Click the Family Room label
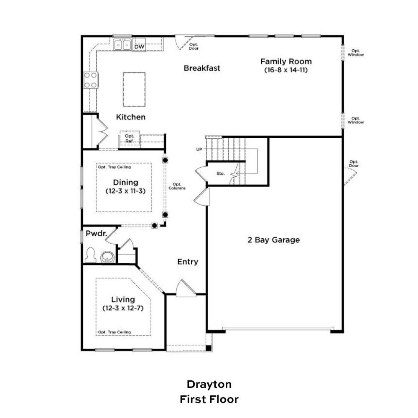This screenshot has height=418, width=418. pyautogui.click(x=286, y=61)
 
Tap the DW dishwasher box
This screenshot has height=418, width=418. pyautogui.click(x=139, y=47)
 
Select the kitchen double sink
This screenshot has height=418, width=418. pyautogui.click(x=122, y=45)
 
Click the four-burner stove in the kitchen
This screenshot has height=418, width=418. pyautogui.click(x=91, y=80)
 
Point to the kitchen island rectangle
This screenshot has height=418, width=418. pyautogui.click(x=134, y=89)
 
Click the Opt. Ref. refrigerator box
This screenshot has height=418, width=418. pyautogui.click(x=130, y=139)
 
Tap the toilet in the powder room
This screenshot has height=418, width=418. pyautogui.click(x=90, y=255)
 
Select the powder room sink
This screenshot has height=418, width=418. pyautogui.click(x=107, y=257)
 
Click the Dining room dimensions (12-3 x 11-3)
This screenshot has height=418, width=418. pyautogui.click(x=125, y=191)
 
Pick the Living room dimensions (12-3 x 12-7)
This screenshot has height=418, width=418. pyautogui.click(x=123, y=308)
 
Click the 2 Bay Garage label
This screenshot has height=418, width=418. pyautogui.click(x=273, y=240)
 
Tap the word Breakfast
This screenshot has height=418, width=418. pyautogui.click(x=202, y=68)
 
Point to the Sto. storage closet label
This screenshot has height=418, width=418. pyautogui.click(x=220, y=173)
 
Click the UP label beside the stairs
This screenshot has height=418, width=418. pyautogui.click(x=199, y=149)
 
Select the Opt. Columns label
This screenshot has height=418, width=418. pyautogui.click(x=177, y=186)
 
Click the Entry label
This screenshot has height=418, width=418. pyautogui.click(x=188, y=262)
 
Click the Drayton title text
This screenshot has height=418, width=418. pyautogui.click(x=209, y=385)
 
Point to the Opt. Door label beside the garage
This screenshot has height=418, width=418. pyautogui.click(x=354, y=164)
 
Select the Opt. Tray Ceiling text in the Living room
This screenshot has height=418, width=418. pyautogui.click(x=115, y=332)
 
